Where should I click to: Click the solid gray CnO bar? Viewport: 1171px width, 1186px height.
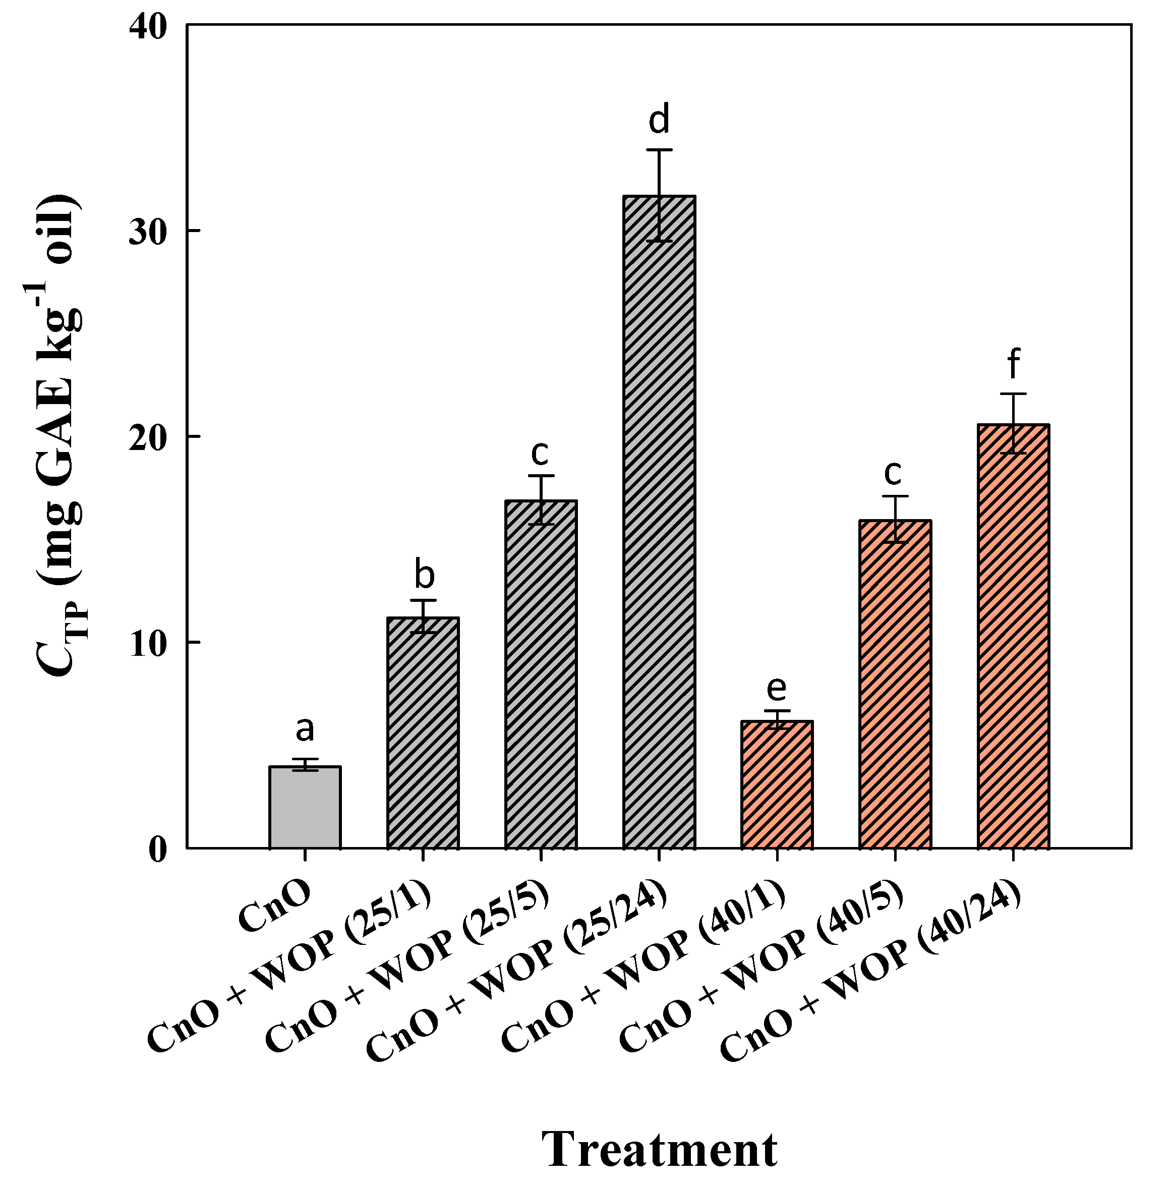[305, 807]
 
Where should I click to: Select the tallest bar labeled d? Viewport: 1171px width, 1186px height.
[659, 522]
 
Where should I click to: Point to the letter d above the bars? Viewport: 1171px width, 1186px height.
[659, 120]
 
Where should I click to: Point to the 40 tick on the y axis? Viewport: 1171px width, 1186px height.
[149, 28]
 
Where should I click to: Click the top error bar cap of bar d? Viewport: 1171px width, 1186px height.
[659, 150]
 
